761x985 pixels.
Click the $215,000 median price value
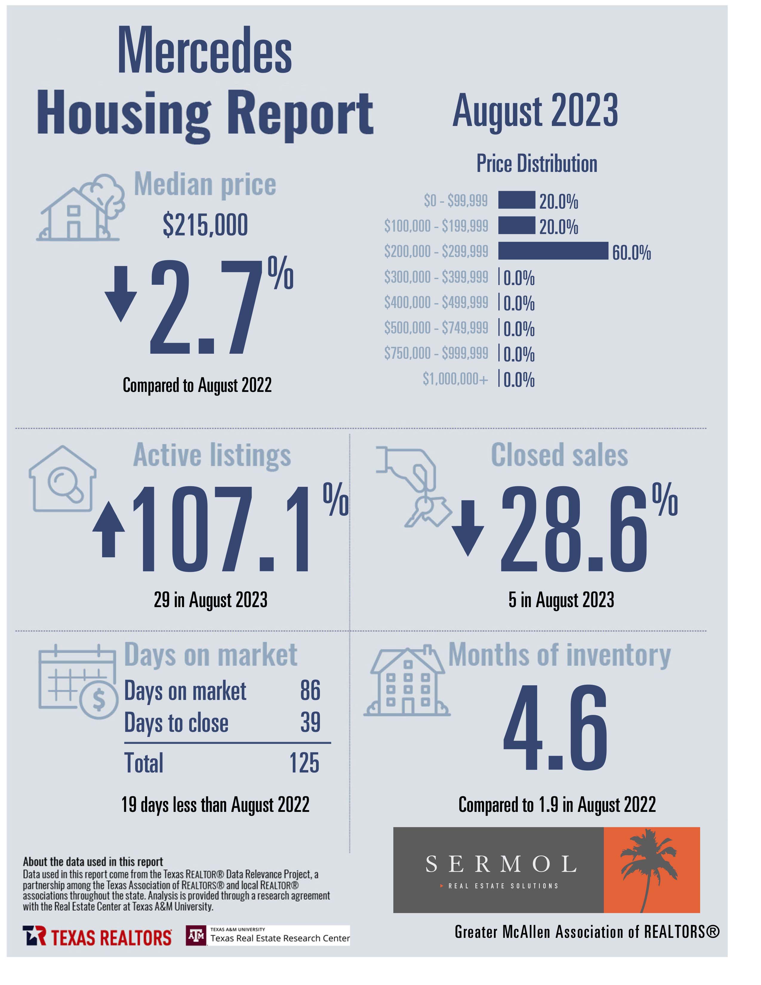pyautogui.click(x=205, y=225)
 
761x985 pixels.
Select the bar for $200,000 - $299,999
pyautogui.click(x=553, y=251)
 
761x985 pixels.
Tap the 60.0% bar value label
pyautogui.click(x=631, y=253)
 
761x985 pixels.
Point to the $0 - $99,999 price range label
pyautogui.click(x=456, y=200)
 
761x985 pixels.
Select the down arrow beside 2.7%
pyautogui.click(x=121, y=294)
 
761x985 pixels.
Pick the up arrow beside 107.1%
pyautogui.click(x=109, y=530)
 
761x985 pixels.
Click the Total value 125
pyautogui.click(x=304, y=764)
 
